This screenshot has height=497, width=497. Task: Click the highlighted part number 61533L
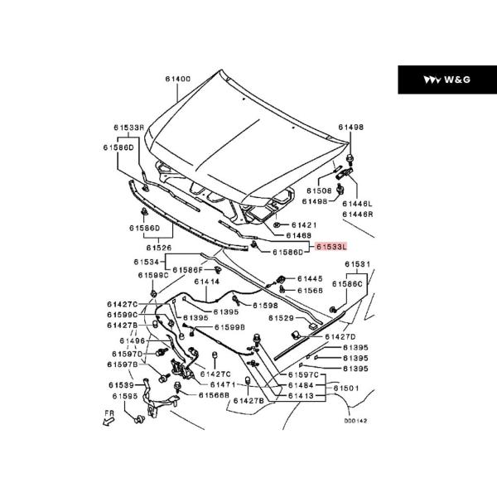[331, 246]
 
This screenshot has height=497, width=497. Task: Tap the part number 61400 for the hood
[178, 79]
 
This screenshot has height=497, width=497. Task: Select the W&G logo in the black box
[447, 80]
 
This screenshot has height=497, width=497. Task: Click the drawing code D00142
[355, 421]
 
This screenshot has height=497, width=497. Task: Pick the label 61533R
[129, 128]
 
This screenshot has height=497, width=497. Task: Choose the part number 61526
[159, 248]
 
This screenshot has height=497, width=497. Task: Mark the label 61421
[304, 225]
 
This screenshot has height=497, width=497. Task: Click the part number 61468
[299, 235]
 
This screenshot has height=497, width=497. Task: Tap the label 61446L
[358, 204]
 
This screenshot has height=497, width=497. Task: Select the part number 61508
[319, 191]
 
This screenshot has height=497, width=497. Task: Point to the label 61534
[146, 262]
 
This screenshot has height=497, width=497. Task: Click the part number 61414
[206, 282]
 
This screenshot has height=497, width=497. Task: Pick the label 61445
[310, 278]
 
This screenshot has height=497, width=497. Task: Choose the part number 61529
[281, 318]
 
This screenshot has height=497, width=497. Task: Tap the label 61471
[223, 385]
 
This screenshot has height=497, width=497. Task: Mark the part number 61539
[122, 385]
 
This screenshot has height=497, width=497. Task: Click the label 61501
[346, 388]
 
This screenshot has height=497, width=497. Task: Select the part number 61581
[358, 264]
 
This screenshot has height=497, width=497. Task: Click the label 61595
[125, 397]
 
